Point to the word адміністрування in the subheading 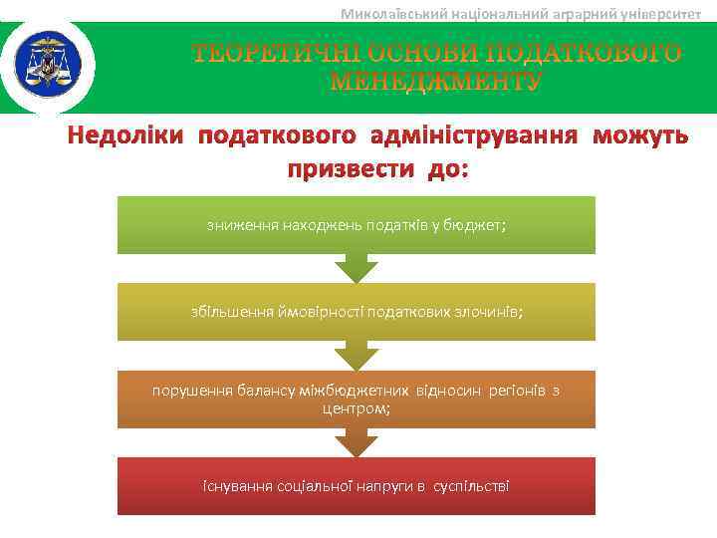[x=475, y=135]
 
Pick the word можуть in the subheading [x=639, y=135]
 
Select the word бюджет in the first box [x=482, y=226]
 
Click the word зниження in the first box [x=242, y=226]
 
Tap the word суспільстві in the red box [x=471, y=486]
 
